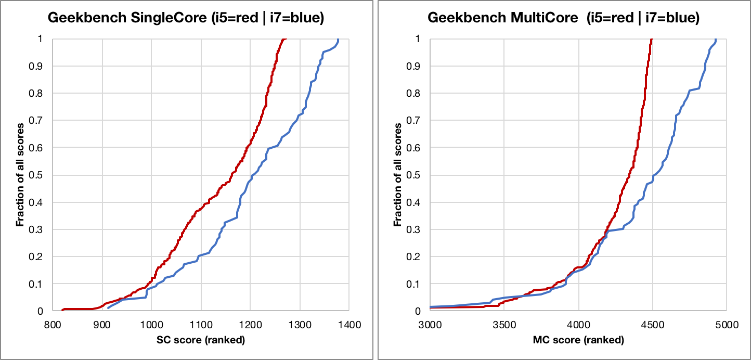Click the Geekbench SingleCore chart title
tap(186, 18)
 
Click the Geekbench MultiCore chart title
tap(563, 18)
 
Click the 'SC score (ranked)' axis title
tap(201, 341)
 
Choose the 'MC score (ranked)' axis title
tap(578, 341)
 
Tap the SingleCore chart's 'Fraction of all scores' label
tap(20, 175)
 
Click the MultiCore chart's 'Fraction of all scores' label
tap(398, 175)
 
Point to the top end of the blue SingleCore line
tap(338, 40)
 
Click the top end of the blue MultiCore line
tap(716, 40)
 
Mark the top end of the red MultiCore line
tap(652, 39)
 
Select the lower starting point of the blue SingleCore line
tap(108, 308)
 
